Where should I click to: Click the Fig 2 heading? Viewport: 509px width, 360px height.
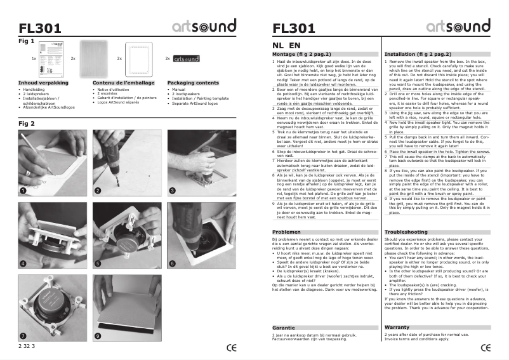pyautogui.click(x=26, y=123)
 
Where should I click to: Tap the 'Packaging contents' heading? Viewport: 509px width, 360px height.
pyautogui.click(x=193, y=83)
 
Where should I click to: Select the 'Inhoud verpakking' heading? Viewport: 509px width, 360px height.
pyautogui.click(x=43, y=83)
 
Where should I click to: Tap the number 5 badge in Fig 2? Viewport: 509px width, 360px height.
pyautogui.click(x=98, y=263)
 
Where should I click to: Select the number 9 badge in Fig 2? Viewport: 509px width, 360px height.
pyautogui.click(x=98, y=335)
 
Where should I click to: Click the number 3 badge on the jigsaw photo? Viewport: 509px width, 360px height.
pyautogui.click(x=172, y=190)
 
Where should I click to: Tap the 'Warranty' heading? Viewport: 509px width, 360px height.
pyautogui.click(x=397, y=327)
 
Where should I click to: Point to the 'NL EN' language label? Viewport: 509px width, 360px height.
pyautogui.click(x=286, y=46)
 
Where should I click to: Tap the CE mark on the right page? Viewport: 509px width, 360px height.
pyautogui.click(x=486, y=347)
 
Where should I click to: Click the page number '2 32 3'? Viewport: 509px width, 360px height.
pyautogui.click(x=27, y=346)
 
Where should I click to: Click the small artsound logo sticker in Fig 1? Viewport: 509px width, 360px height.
pyautogui.click(x=185, y=58)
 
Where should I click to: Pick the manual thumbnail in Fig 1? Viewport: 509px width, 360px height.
pyautogui.click(x=50, y=58)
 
